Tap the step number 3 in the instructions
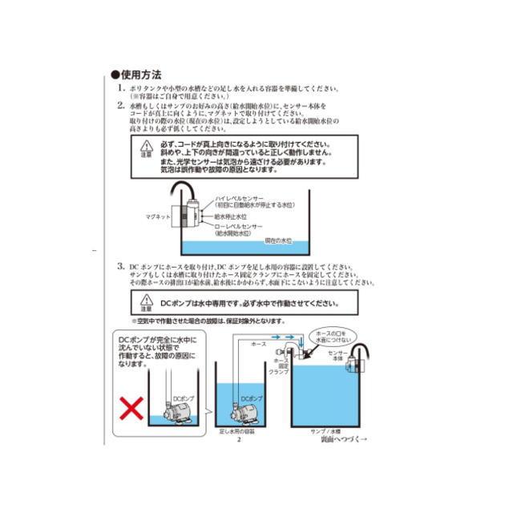120,265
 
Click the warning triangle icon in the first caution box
145,147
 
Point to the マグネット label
156,216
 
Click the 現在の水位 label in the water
276,241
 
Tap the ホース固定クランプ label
278,366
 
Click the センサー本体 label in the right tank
334,357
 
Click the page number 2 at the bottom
239,440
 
